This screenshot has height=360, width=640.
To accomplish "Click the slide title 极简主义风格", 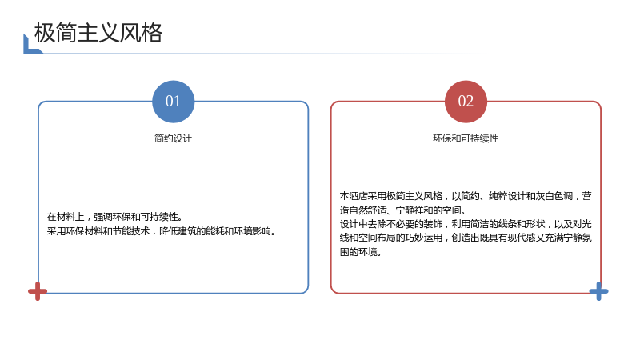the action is tap(98, 33).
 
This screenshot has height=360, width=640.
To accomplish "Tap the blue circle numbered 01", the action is tap(173, 102).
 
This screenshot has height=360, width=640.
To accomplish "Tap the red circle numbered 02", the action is tap(466, 102).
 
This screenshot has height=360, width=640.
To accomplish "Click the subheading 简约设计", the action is tap(173, 138).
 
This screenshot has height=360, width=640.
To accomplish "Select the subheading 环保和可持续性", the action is tap(466, 138).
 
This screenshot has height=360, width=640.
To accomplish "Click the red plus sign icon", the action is tap(38, 291).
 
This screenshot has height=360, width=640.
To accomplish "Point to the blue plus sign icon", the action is tap(598, 291).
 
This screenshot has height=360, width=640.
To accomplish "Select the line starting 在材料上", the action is tap(114, 216).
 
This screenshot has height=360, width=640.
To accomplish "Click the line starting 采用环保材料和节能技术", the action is tap(162, 231).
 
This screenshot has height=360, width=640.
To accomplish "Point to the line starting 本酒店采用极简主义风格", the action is tap(466, 196).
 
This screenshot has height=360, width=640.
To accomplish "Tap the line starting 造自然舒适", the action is tap(403, 210).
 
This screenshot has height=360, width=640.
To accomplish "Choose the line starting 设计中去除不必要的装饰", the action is tap(466, 224).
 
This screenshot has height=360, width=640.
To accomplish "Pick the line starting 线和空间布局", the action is tap(466, 238).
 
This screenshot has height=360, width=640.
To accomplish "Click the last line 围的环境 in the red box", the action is tap(361, 252).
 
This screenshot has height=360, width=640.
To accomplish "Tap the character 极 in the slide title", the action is tap(45, 33).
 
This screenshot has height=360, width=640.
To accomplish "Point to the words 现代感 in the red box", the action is tap(522, 238).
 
